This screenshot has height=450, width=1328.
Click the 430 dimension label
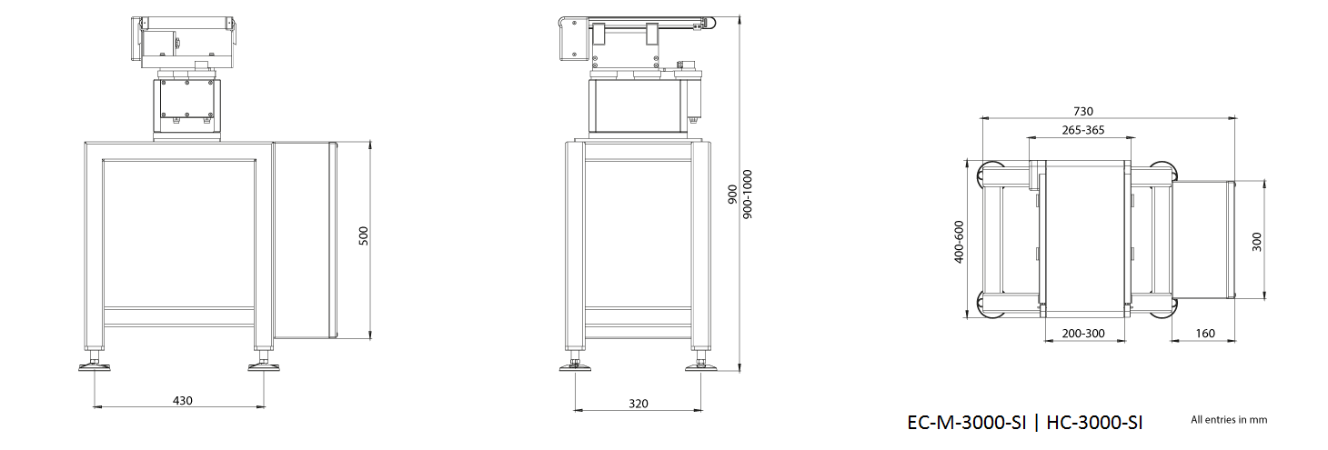(183, 401)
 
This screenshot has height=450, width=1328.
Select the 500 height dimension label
(364, 236)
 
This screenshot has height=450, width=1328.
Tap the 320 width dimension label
(639, 404)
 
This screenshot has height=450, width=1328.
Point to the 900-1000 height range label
(747, 194)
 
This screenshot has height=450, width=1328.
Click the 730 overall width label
(1083, 111)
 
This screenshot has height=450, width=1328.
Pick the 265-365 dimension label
(1083, 130)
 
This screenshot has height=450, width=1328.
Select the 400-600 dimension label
(960, 241)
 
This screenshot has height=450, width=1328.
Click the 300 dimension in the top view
(1256, 242)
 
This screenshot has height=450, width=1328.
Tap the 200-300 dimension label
(1083, 334)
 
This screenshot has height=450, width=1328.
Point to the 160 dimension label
(1205, 334)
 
